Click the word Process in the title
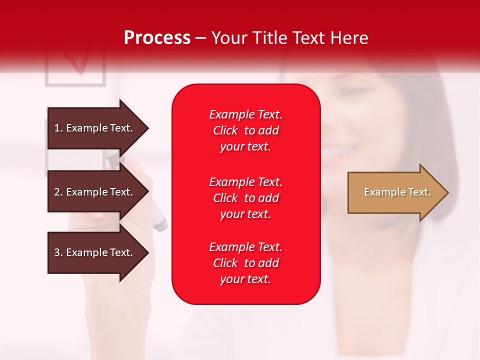coord(157,38)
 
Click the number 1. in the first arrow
coord(58,128)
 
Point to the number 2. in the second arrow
coord(58,192)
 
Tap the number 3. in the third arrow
coord(58,252)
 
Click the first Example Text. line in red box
coord(245,114)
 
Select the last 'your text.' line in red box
coord(245,279)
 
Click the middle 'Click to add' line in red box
coord(245,198)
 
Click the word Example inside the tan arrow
coord(379,192)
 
